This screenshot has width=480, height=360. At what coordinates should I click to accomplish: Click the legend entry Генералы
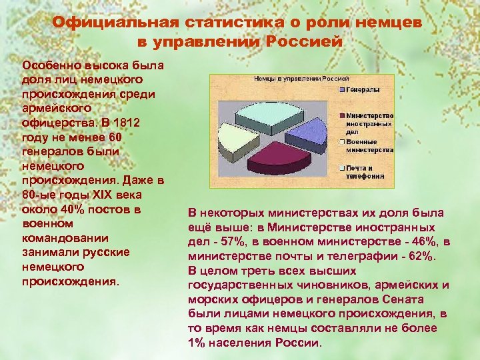click(x=363, y=90)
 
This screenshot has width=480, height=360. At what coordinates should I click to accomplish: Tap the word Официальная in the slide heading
click(x=113, y=23)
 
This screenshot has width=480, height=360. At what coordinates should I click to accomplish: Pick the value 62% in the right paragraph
click(x=422, y=256)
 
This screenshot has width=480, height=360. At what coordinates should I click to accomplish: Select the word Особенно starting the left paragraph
click(x=48, y=66)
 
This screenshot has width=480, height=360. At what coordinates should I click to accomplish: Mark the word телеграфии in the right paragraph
click(x=370, y=256)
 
